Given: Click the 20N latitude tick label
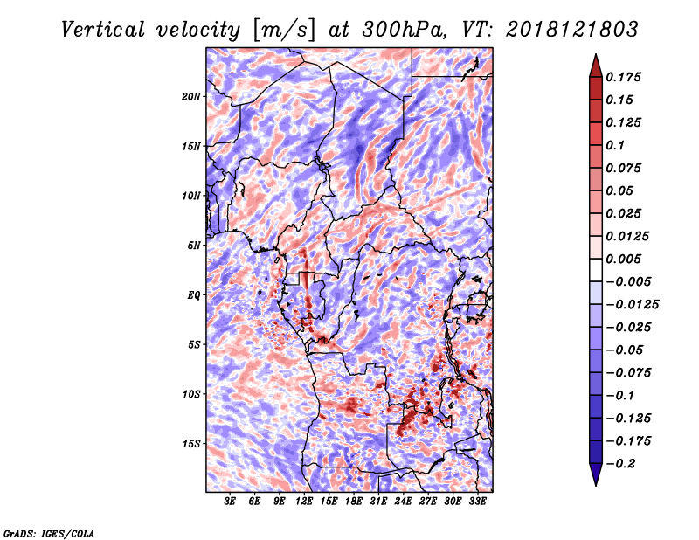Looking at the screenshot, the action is [191, 97].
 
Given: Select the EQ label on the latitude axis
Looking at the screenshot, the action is [194, 295].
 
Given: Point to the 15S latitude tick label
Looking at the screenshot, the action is [191, 444].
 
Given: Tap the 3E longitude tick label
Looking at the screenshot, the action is [230, 502].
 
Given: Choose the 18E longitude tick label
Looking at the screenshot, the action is [354, 502].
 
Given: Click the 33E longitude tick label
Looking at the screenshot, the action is [477, 502].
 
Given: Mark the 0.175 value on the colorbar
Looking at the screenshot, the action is [623, 77].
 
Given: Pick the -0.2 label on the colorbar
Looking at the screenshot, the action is [620, 464].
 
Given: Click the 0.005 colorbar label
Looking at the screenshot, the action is [623, 259].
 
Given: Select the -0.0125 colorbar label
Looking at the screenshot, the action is [632, 305].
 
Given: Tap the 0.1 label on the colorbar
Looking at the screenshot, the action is [615, 145].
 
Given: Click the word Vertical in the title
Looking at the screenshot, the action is [103, 30].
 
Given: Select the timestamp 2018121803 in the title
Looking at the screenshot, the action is [572, 30].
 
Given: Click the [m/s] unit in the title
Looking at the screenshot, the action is [284, 31].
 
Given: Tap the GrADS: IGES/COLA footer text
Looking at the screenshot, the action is [49, 533].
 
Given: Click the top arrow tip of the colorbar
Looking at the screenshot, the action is [596, 54].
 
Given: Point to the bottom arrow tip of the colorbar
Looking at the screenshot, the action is [596, 486].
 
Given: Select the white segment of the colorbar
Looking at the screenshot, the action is [596, 270].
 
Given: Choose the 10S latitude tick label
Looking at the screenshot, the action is [191, 394].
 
